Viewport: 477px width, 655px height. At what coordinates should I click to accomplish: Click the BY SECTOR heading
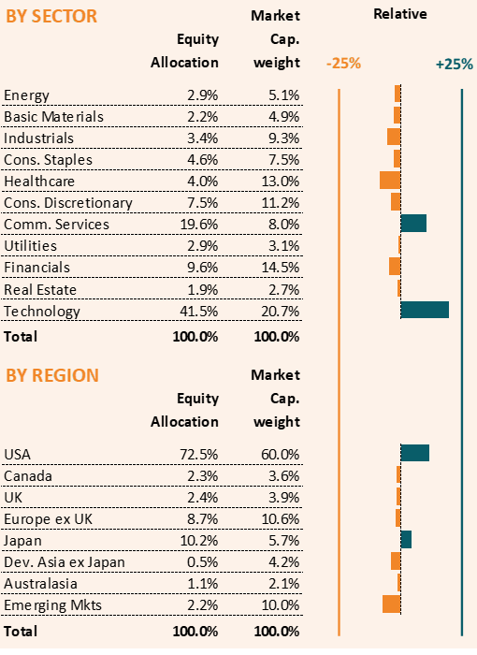pos(51,16)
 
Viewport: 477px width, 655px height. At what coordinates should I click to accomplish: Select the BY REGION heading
pos(52,375)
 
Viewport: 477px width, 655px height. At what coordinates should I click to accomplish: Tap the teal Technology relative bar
pos(425,310)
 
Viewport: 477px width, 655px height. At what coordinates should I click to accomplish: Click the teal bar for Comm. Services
pos(413,223)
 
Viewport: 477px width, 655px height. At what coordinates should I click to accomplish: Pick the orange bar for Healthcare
pos(390,180)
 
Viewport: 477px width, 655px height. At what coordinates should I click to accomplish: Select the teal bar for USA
pos(414,453)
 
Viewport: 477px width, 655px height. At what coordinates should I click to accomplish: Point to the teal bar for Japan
pos(406,539)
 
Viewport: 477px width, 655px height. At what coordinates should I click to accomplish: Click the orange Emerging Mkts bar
pos(391,604)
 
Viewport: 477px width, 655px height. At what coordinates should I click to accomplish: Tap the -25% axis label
pos(343,64)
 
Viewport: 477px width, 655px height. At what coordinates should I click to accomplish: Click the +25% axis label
pos(455,65)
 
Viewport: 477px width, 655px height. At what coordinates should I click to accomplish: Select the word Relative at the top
pos(400,14)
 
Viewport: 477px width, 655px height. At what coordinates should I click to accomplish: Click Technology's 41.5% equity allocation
pos(199,312)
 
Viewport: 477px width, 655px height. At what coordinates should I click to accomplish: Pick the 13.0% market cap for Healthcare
pos(281,182)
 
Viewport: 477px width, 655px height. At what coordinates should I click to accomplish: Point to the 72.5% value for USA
pos(199,454)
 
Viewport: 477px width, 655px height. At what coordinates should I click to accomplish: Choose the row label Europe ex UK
pos(48,518)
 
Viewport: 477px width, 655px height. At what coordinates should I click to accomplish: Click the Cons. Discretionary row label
pos(68,203)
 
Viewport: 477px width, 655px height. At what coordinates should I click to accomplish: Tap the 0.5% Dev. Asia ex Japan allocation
pos(203,561)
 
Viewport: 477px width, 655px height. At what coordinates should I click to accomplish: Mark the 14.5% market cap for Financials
pos(281,268)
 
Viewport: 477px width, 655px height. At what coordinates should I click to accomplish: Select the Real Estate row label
pos(40,289)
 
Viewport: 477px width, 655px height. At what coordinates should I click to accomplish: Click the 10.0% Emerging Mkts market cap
pos(281,605)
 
